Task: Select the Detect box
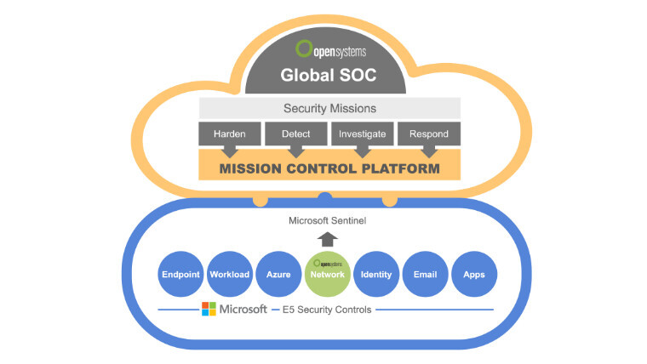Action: (x=295, y=134)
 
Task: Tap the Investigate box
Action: (x=363, y=134)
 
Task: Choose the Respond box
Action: (x=429, y=134)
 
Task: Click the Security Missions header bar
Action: (x=329, y=108)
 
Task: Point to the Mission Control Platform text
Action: (x=329, y=168)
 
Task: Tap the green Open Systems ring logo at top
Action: (x=302, y=48)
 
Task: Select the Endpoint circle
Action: (x=180, y=274)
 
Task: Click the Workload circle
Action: (x=230, y=274)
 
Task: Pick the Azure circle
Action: (x=278, y=274)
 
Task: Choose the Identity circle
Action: (x=376, y=274)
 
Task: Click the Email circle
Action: (x=425, y=274)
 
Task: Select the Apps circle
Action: (x=474, y=274)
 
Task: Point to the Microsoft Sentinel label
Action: (x=328, y=222)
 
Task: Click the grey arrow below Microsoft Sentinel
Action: (x=328, y=239)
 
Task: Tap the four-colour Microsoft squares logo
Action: (x=209, y=309)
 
